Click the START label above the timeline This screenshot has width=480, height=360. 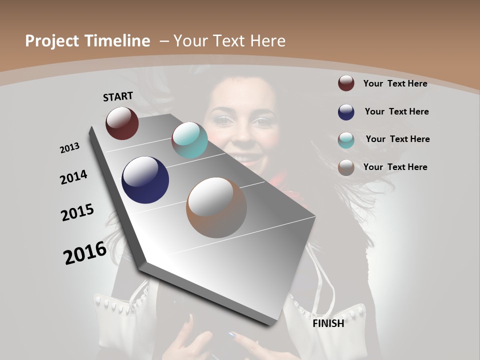click(118, 96)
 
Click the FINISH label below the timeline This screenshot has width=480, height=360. click(328, 323)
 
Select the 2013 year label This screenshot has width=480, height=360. click(69, 148)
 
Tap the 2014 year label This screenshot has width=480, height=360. click(73, 177)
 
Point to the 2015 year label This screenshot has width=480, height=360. click(77, 212)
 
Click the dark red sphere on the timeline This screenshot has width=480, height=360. click(122, 123)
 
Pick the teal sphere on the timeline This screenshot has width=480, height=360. click(189, 140)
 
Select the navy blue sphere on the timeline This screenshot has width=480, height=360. click(145, 180)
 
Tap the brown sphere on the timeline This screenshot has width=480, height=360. click(216, 207)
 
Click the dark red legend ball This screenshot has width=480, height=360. click(346, 83)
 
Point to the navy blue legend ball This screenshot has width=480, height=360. click(346, 112)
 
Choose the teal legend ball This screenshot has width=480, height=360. click(346, 140)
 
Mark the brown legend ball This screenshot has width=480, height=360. click(346, 167)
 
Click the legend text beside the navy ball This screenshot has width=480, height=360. click(396, 111)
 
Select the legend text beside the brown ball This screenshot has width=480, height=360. click(395, 167)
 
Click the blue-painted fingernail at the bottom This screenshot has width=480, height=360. click(231, 334)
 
